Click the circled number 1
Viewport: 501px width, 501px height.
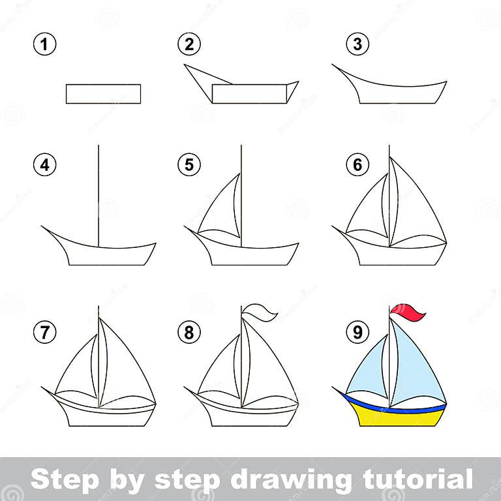point(44,45)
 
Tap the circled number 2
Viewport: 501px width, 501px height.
point(188,45)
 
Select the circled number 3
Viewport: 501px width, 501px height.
point(357,45)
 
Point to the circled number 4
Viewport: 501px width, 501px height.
point(44,165)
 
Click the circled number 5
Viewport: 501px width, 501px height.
point(188,165)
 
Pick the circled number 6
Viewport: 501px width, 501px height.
point(357,165)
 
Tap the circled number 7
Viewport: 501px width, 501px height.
point(44,333)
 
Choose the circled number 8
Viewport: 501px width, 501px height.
point(188,333)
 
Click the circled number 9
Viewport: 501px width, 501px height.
point(357,333)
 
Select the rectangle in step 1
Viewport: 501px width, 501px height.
point(103,94)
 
